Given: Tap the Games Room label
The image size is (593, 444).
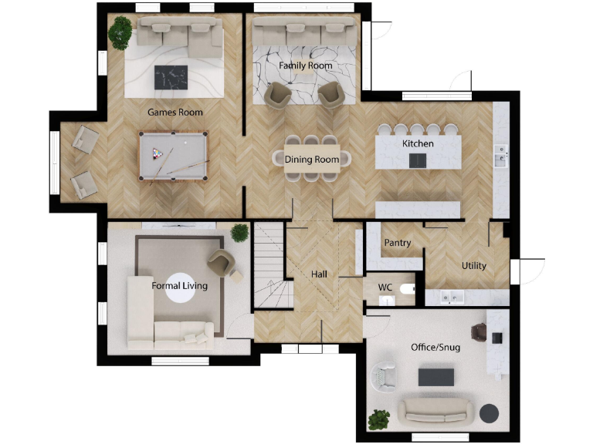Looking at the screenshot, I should click(175, 113).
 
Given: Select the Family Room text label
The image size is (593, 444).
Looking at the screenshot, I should click(306, 66).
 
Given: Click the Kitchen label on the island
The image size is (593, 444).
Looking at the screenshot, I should click(418, 144).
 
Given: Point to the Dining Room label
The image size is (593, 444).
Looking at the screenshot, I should click(312, 160).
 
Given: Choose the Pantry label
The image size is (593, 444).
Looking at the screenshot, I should click(398, 244).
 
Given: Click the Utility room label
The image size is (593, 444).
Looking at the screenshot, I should click(473, 266).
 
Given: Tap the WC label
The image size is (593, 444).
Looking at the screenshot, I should click(385, 288).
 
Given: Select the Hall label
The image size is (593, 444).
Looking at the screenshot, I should click(320, 274).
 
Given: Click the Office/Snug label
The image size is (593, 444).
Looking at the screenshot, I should click(435, 348).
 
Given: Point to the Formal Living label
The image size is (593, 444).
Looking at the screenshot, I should click(179, 286).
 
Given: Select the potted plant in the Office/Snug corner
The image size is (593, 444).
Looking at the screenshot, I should click(378, 419).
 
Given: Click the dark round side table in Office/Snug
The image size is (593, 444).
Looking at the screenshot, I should click(490, 413).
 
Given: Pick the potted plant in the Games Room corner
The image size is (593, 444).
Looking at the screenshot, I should click(120, 32).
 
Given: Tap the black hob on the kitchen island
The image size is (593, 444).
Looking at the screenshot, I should click(416, 160).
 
